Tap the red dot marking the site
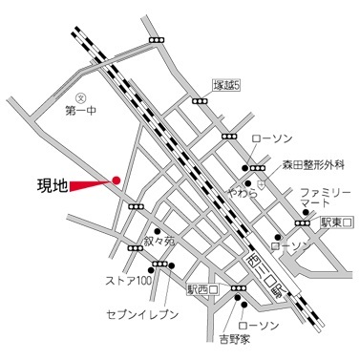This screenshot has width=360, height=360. click(x=116, y=178)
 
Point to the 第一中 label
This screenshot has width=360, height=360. click(x=82, y=111)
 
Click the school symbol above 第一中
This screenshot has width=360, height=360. click(x=82, y=96)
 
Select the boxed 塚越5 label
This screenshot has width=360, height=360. click(x=226, y=85)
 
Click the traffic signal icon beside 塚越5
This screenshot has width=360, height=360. click(x=200, y=99)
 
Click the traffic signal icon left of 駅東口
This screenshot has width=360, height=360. click(x=303, y=222)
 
